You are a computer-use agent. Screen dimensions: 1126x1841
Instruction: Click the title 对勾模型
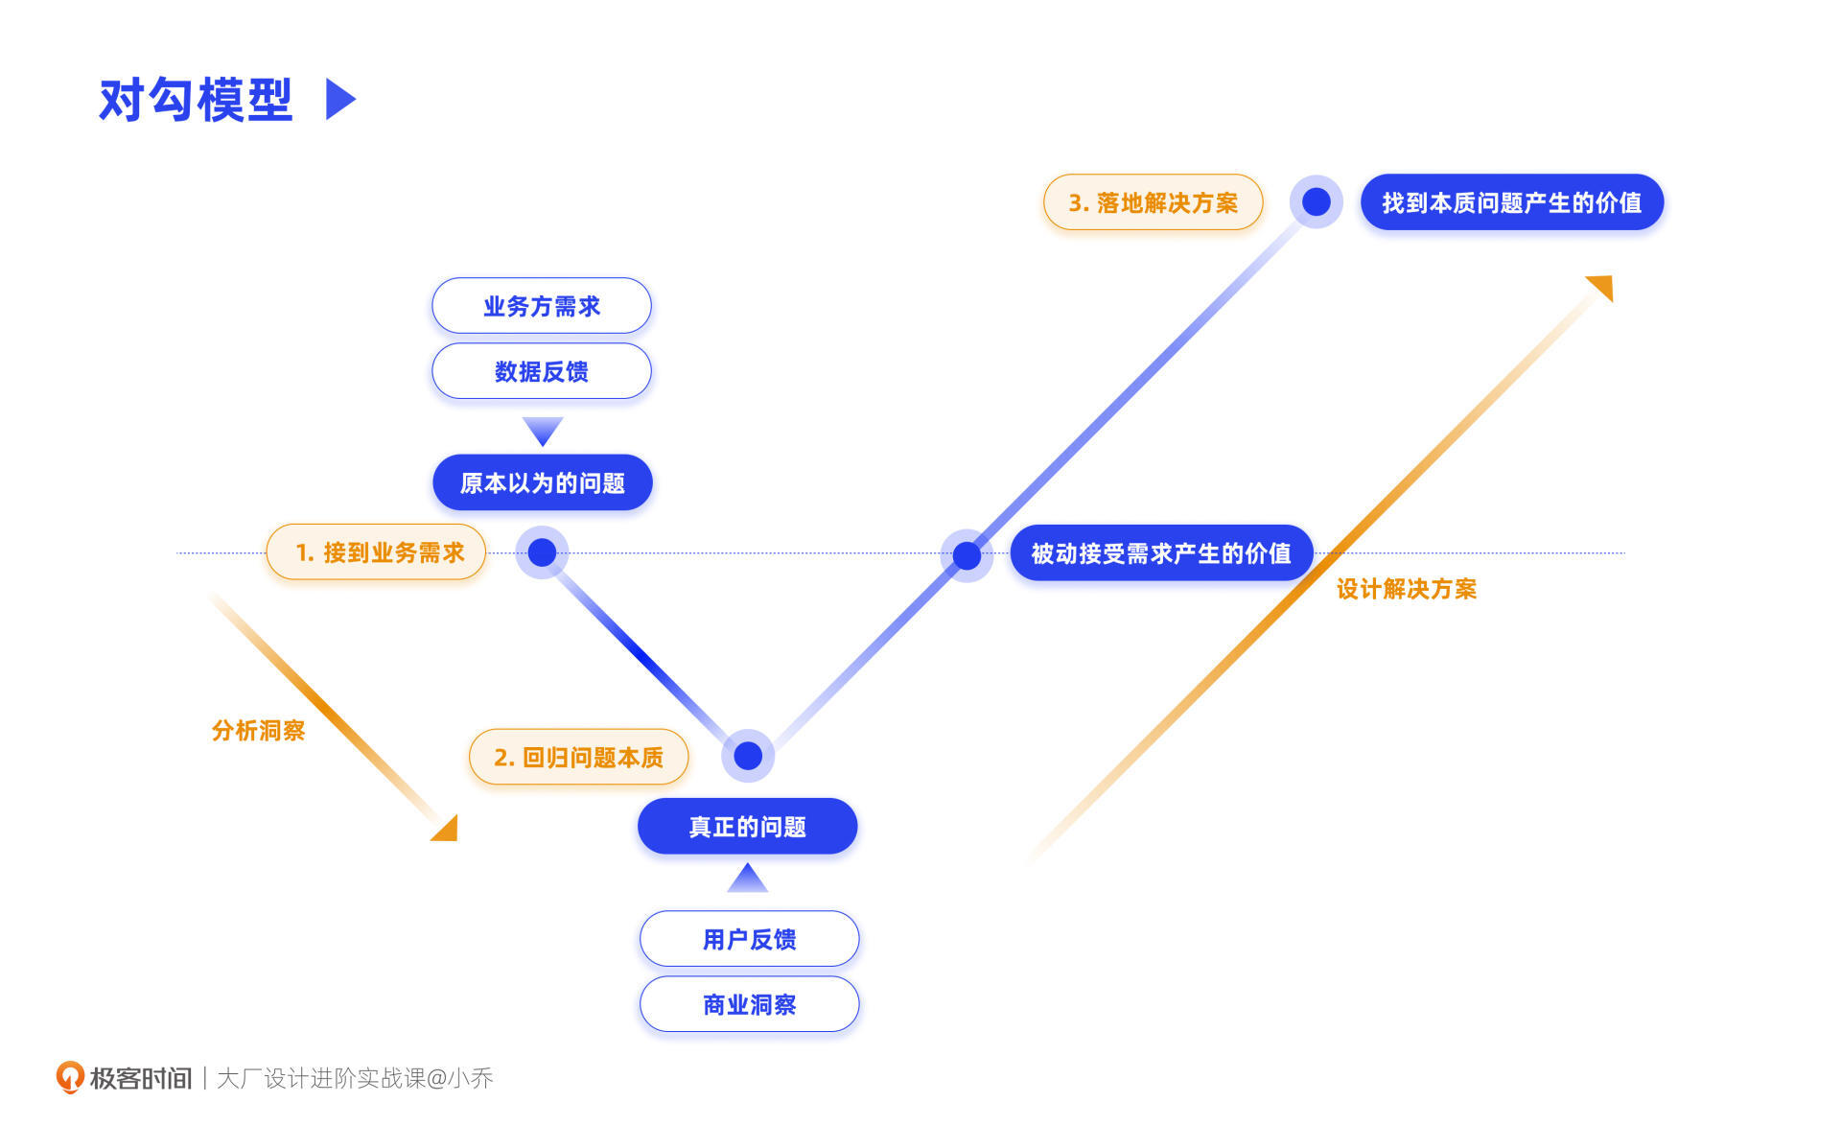click(x=196, y=100)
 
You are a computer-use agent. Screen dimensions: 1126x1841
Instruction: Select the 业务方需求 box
click(x=542, y=306)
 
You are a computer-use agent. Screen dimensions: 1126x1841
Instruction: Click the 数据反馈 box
click(x=542, y=371)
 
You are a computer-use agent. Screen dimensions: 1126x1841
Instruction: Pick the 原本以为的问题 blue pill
click(x=542, y=482)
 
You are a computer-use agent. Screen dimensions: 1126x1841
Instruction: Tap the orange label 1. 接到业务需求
click(x=377, y=552)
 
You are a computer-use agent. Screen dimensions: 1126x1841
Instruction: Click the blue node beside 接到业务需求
click(x=542, y=552)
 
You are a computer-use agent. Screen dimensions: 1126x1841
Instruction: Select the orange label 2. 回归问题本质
click(x=578, y=758)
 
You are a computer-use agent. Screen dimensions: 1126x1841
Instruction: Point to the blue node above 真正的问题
click(x=748, y=756)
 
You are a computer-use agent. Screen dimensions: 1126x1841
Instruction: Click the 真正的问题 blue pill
click(x=748, y=827)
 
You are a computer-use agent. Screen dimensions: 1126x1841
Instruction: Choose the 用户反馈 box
click(x=749, y=939)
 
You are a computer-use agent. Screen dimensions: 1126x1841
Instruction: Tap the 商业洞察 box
click(x=749, y=1004)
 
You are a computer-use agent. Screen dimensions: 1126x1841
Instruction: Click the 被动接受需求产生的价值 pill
click(x=1160, y=553)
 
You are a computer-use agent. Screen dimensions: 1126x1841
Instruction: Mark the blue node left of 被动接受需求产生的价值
click(x=967, y=554)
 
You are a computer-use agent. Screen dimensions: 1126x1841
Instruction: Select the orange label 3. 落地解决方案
click(x=1153, y=202)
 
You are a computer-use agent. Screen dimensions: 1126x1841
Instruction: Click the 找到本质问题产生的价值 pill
click(x=1511, y=202)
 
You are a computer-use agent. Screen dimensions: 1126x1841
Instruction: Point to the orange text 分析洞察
click(x=258, y=731)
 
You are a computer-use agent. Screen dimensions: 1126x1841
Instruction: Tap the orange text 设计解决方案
click(x=1407, y=589)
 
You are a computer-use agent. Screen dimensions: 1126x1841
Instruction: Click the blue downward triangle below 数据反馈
click(x=543, y=430)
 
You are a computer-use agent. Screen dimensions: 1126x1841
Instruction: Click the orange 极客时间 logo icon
click(x=70, y=1077)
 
